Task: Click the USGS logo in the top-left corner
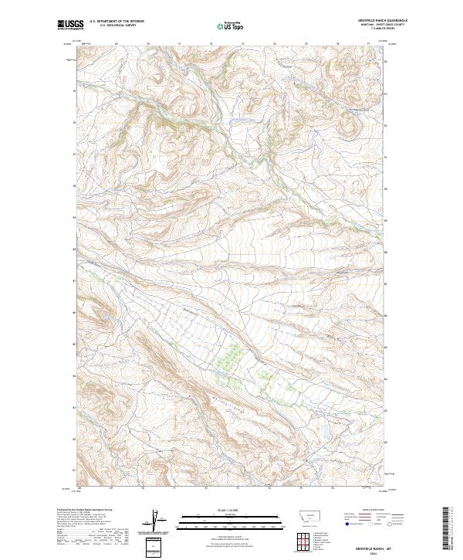(70, 25)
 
